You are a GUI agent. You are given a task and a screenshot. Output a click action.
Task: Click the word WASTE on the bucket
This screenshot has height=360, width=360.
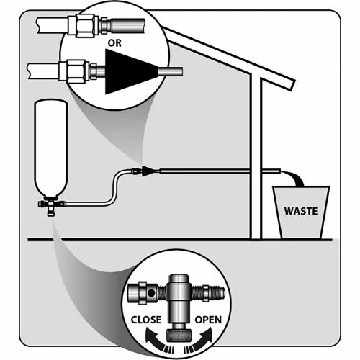[x=301, y=211]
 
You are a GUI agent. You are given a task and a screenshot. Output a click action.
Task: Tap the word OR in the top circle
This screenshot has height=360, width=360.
[x=114, y=43]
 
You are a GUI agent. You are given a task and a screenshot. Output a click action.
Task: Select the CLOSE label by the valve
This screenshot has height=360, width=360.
[x=146, y=320]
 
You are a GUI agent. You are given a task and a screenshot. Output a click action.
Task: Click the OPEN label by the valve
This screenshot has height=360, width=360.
[x=208, y=320]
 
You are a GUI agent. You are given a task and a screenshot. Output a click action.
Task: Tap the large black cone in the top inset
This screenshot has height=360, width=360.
[x=130, y=71]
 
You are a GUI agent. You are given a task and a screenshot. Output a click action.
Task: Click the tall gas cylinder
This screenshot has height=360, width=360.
[x=50, y=148]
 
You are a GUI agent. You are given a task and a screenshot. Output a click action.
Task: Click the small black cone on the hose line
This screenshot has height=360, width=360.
[x=148, y=171]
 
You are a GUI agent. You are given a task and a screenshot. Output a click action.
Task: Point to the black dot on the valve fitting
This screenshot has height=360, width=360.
[x=151, y=293]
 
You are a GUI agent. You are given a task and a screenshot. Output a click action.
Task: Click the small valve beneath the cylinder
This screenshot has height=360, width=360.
[x=50, y=206]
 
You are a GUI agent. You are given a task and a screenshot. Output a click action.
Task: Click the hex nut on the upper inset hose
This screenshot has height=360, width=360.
[x=84, y=26]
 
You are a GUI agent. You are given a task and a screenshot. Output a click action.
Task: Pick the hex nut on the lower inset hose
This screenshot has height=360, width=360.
[x=76, y=71]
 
